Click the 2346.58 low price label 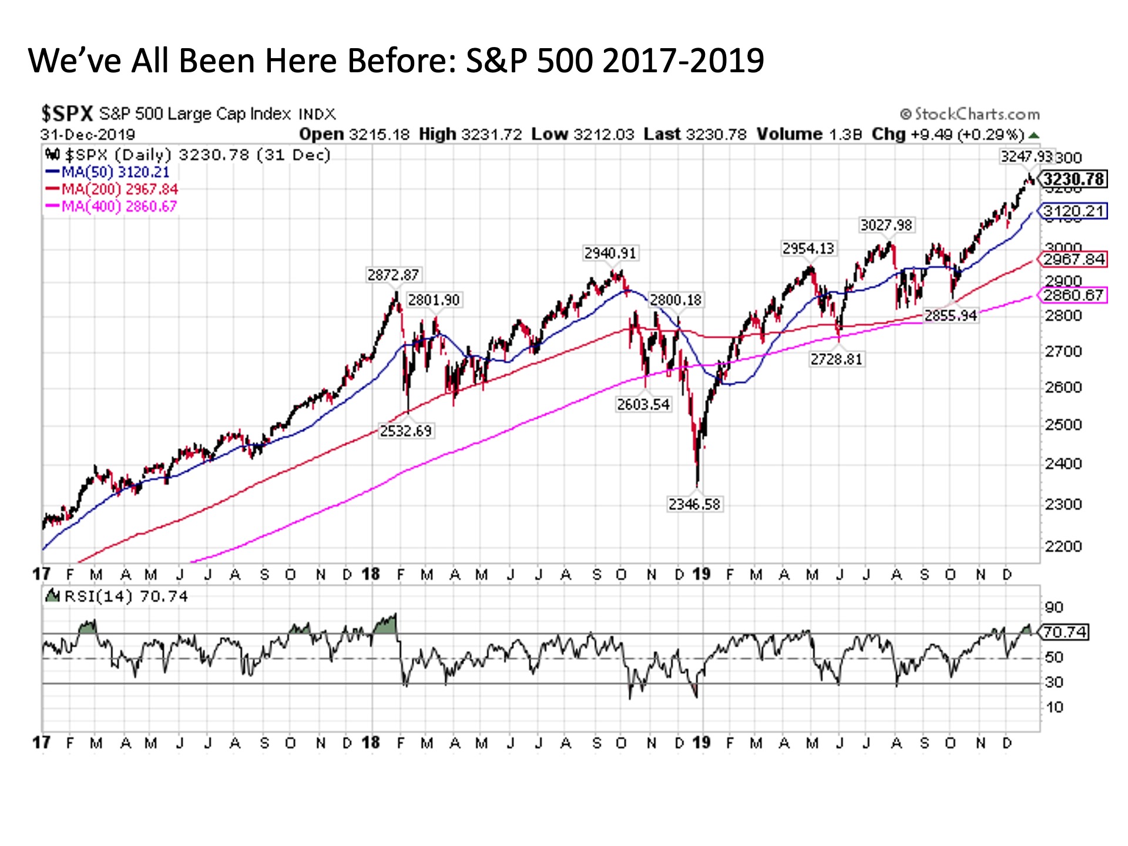pos(694,504)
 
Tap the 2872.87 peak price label pos(393,274)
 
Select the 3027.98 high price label pos(886,225)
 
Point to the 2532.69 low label pos(405,431)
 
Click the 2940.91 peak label pos(610,253)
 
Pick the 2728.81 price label pos(836,358)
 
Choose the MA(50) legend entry pos(108,172)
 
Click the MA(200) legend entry pos(112,189)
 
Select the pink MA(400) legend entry pos(112,206)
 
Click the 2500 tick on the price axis pos(1063,425)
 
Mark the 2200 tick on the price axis pos(1063,546)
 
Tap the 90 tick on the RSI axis pos(1054,607)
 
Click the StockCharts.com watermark pos(970,114)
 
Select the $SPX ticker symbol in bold pos(67,113)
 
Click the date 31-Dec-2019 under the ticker pos(88,135)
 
